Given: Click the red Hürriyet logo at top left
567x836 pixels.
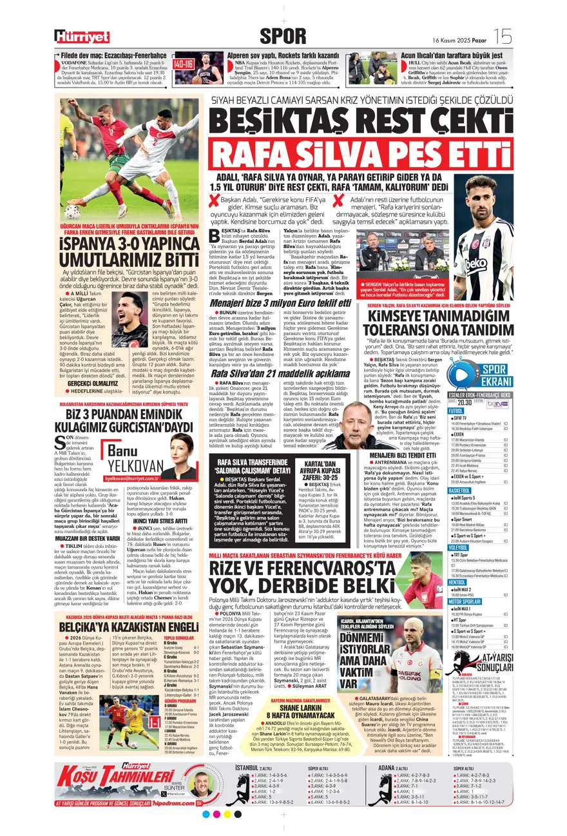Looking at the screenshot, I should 82,37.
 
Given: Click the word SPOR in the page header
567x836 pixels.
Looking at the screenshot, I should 283,35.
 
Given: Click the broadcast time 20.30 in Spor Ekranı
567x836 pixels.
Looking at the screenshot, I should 462,400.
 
